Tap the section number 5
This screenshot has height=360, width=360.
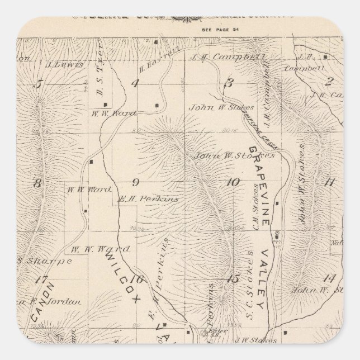click(x=39, y=84)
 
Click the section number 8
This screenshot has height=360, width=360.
click(x=38, y=183)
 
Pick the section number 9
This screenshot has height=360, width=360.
click(x=135, y=182)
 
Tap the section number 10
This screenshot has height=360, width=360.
click(x=233, y=182)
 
